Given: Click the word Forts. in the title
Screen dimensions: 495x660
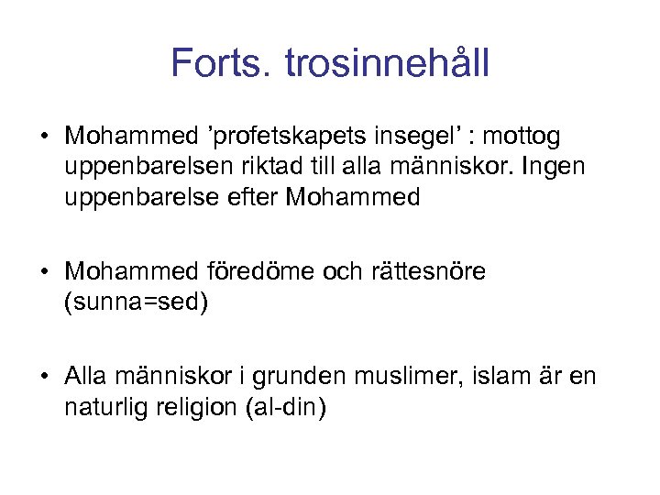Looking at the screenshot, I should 222,63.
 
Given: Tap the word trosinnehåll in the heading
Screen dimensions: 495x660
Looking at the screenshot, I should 388,63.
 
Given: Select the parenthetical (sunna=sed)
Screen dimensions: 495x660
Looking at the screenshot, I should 137,302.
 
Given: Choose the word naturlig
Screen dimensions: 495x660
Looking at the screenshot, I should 104,406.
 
